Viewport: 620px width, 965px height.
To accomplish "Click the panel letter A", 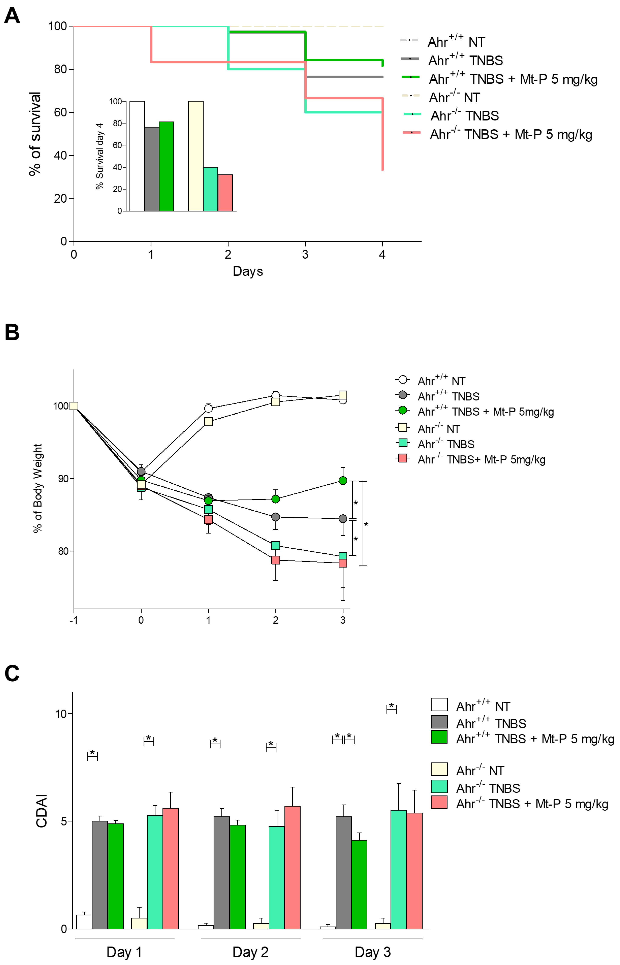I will click(x=12, y=16).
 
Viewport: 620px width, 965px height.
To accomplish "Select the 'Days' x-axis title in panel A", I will click(x=248, y=271).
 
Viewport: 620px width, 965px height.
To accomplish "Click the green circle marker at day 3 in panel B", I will click(x=343, y=481).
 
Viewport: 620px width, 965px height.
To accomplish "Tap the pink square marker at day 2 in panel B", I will click(x=275, y=560).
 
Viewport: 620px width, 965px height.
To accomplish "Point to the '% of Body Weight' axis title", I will click(x=38, y=488).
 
